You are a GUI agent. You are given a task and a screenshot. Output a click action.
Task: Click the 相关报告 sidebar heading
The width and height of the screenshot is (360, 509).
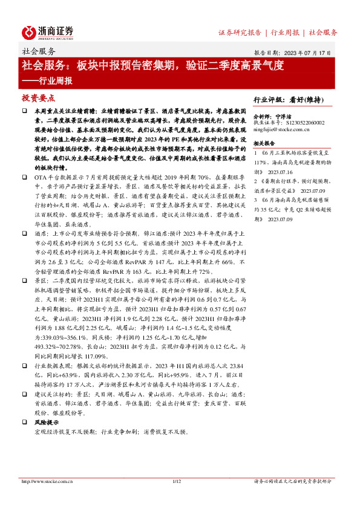(x=264, y=143)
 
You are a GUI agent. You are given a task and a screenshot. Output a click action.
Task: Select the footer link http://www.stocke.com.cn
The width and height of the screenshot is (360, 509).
(x=48, y=481)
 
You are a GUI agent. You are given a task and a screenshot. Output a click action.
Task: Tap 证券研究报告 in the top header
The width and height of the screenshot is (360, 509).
(x=240, y=32)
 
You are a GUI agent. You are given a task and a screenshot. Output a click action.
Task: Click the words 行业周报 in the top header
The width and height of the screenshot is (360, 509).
(x=286, y=32)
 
